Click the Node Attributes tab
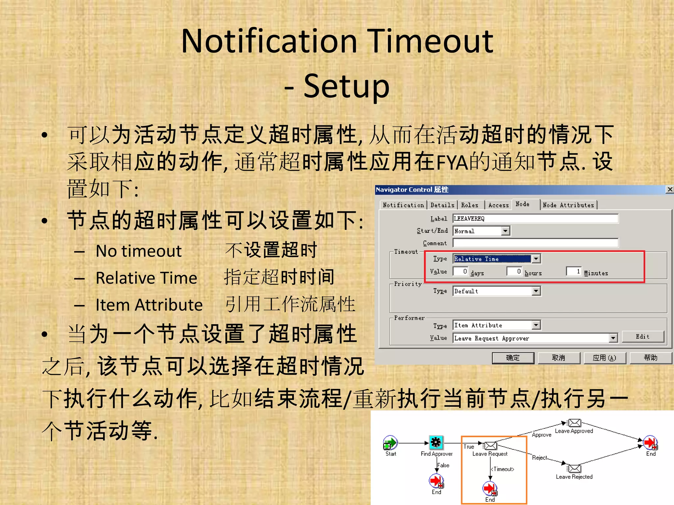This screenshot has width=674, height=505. [568, 205]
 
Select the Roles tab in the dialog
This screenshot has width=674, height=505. [470, 205]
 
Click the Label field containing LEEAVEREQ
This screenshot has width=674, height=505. [535, 219]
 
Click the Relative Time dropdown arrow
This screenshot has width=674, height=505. [536, 259]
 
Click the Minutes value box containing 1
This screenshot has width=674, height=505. [574, 272]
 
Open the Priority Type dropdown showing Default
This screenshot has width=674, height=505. [536, 291]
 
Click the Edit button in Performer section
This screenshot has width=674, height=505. [642, 337]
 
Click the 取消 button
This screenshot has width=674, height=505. [558, 358]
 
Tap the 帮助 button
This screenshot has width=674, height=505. [650, 358]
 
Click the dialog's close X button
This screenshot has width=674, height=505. [669, 189]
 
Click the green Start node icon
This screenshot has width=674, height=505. [390, 443]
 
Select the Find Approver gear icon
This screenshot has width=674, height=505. [436, 443]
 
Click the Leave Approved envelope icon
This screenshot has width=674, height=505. [575, 423]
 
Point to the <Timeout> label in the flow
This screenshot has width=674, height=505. [503, 469]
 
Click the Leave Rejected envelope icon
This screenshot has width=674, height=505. [575, 469]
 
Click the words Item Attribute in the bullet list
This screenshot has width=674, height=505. [149, 305]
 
